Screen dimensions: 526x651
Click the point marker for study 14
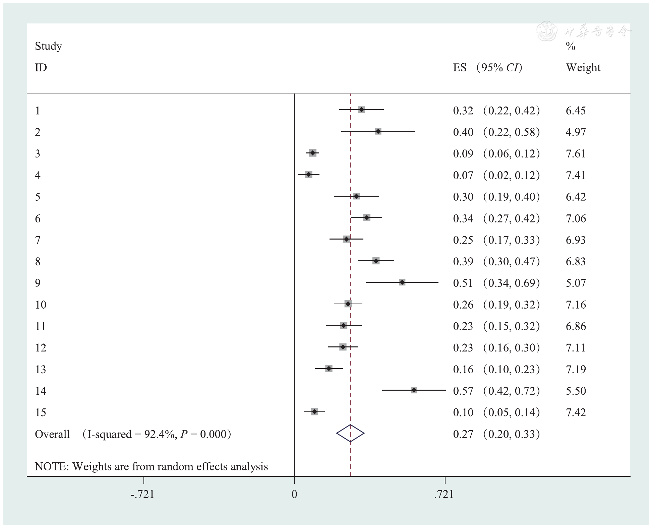coord(414,390)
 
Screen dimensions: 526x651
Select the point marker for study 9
coord(402,282)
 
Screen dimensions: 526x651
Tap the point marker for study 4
coord(308,175)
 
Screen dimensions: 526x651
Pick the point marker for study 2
coord(378,132)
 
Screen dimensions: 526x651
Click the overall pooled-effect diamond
coord(350,433)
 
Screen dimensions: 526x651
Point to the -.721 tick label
coord(143,494)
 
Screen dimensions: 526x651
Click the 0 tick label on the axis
coord(294,494)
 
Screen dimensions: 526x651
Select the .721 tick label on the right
coord(444,494)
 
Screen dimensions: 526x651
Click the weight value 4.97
coord(576,132)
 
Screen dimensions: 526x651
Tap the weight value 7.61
coord(576,153)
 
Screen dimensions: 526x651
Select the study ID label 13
coord(41,369)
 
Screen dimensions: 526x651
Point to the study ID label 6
coord(38,218)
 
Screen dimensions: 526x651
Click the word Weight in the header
coord(583,67)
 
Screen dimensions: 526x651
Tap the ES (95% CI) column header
coord(487,67)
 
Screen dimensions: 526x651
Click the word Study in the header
coord(48,46)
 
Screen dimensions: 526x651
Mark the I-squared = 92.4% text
coord(131,434)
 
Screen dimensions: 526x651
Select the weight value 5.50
coord(576,391)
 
